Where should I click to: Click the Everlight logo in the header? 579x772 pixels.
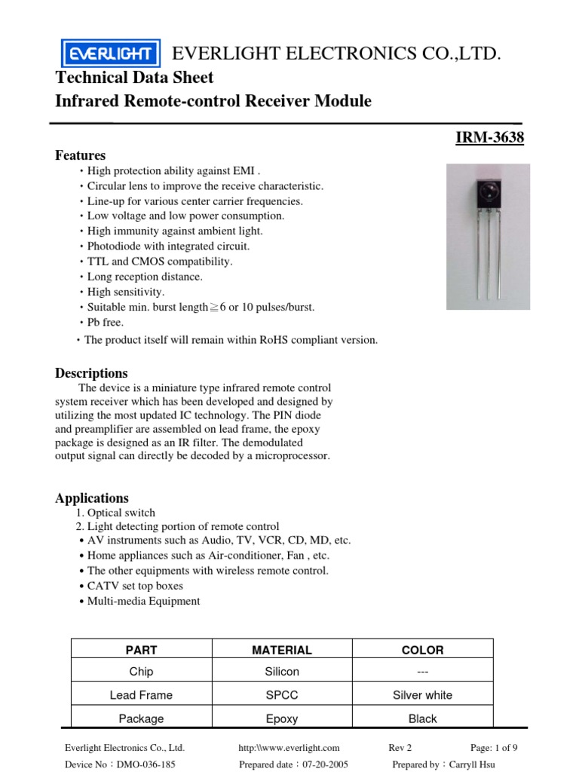(x=110, y=54)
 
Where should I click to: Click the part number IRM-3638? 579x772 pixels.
(x=489, y=138)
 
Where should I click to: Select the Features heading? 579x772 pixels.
(x=80, y=155)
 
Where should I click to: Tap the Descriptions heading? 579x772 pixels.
(x=91, y=373)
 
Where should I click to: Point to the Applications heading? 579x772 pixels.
(x=92, y=498)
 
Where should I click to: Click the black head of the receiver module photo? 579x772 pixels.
(x=488, y=198)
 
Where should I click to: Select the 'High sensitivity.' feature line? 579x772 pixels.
(x=125, y=292)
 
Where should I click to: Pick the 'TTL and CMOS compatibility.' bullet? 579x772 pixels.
(x=160, y=262)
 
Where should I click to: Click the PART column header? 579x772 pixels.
(x=141, y=650)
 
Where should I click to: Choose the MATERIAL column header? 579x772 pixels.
(x=282, y=650)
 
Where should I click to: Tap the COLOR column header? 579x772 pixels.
(x=422, y=650)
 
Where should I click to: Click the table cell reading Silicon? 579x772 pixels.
(x=282, y=671)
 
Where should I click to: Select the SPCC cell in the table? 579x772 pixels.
(x=282, y=695)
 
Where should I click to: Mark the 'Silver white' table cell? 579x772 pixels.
(x=422, y=695)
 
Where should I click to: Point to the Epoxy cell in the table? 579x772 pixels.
(x=282, y=718)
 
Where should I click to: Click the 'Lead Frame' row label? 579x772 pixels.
(x=141, y=695)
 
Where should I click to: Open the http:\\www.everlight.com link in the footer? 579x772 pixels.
(x=289, y=748)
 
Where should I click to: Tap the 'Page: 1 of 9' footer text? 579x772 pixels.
(x=494, y=748)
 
